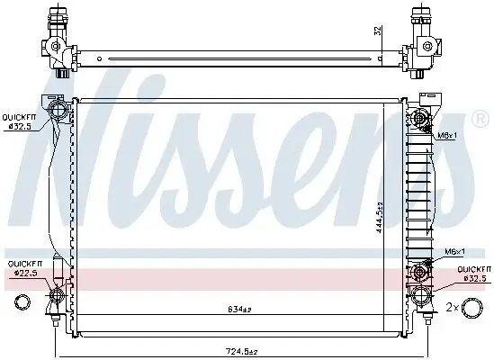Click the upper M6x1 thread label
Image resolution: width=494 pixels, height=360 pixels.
449,137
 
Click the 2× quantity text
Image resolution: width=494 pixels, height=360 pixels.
453,308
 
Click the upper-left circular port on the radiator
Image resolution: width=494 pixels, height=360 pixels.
58,112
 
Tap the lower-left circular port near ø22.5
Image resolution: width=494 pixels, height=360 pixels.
59,295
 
